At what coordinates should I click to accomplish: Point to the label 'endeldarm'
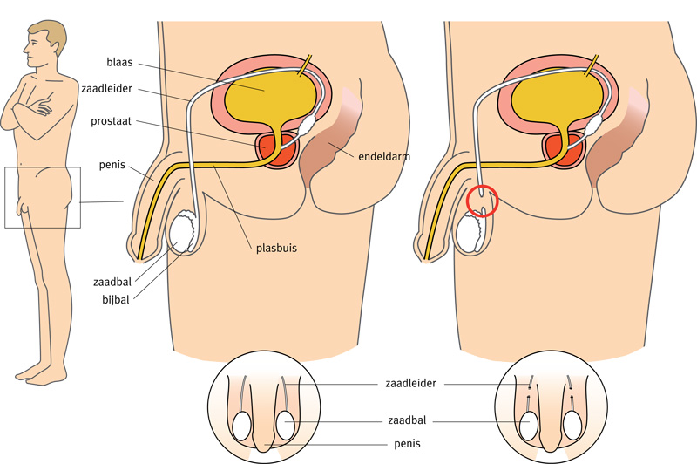[x=382, y=157]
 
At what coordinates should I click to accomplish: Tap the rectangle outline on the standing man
[x=42, y=197]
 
